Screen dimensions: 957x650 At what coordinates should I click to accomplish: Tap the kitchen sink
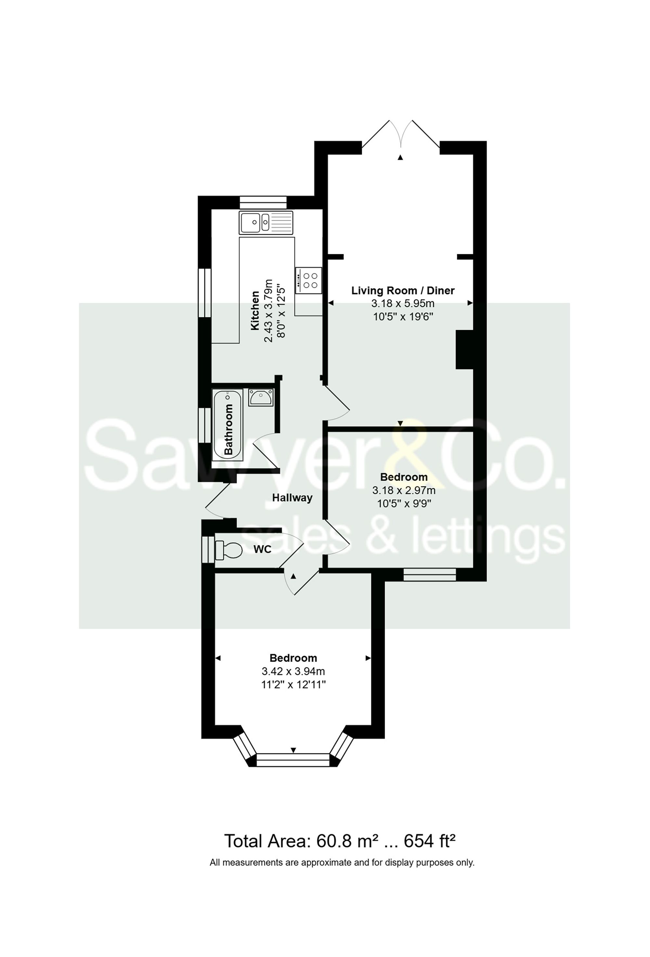point(266,223)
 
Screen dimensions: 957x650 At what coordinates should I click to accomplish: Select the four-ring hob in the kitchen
point(308,280)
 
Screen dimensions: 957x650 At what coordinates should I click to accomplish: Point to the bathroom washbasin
point(260,397)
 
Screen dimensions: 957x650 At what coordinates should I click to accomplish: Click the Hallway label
point(292,498)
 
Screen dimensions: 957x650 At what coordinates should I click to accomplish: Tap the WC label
point(262,549)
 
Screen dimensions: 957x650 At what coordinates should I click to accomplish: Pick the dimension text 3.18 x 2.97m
point(403,490)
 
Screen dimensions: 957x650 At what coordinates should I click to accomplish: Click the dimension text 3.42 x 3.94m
point(293,671)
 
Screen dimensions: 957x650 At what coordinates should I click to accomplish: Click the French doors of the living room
point(400,136)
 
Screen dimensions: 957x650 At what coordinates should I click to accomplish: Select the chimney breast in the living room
point(464,350)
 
